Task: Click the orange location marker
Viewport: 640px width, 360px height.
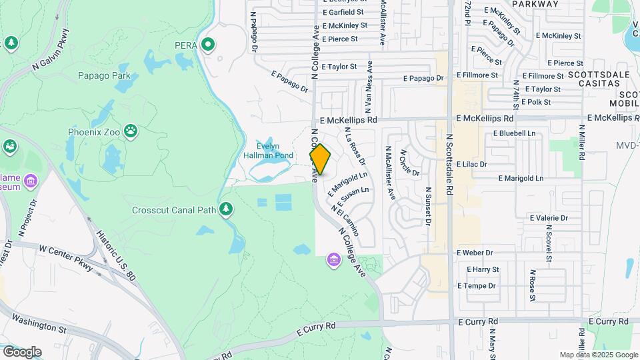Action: pyautogui.click(x=320, y=159)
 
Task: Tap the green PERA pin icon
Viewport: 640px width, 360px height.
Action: pyautogui.click(x=208, y=45)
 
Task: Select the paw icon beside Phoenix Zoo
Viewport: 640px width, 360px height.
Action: pyautogui.click(x=131, y=132)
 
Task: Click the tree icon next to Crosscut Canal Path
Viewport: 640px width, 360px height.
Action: pyautogui.click(x=227, y=210)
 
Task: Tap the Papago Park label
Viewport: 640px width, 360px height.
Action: pyautogui.click(x=104, y=75)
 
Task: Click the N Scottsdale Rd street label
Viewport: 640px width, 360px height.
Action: pyautogui.click(x=449, y=163)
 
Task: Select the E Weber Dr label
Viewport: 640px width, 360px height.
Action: pyautogui.click(x=475, y=253)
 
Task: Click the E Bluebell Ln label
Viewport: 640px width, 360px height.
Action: pyautogui.click(x=514, y=133)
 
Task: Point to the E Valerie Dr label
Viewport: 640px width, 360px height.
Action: pyautogui.click(x=549, y=218)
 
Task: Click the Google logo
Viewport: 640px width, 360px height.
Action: pyautogui.click(x=21, y=352)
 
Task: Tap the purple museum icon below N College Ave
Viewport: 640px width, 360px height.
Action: pyautogui.click(x=333, y=259)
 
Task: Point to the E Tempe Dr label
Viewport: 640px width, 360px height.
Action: pyautogui.click(x=476, y=286)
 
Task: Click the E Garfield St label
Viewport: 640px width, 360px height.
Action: pyautogui.click(x=342, y=12)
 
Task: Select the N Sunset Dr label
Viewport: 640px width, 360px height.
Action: pyautogui.click(x=427, y=206)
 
